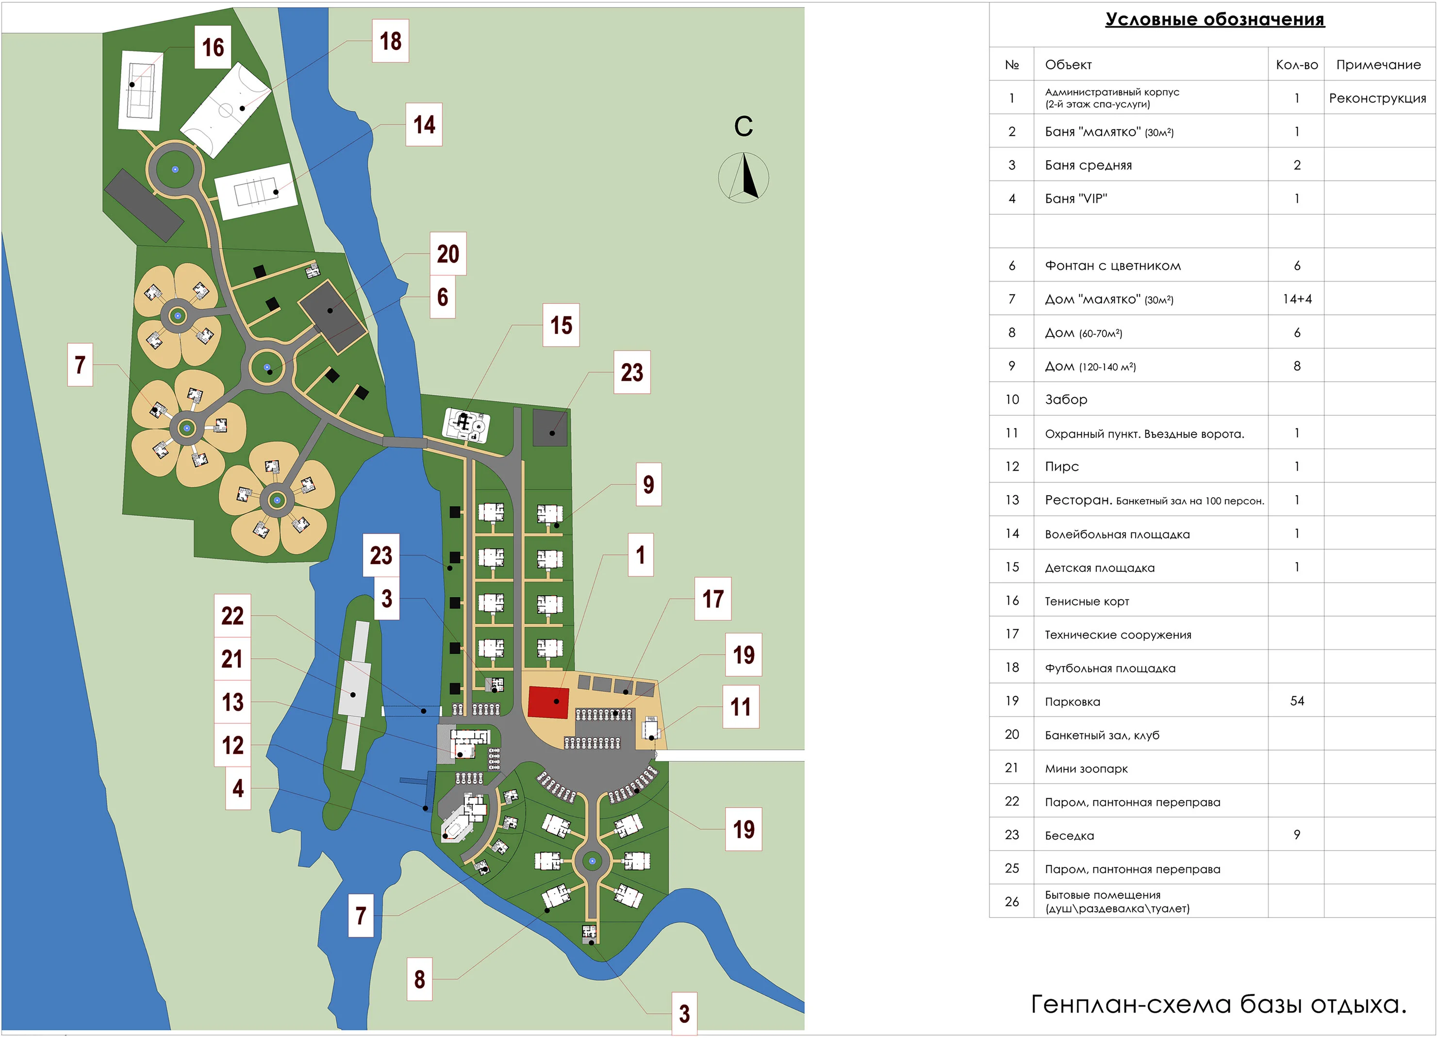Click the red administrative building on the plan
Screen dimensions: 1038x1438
tap(548, 702)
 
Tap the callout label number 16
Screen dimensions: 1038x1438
tap(213, 48)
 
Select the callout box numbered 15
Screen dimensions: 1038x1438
tap(561, 325)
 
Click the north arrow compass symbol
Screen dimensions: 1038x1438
tap(743, 178)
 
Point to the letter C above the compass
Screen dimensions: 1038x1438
tap(743, 127)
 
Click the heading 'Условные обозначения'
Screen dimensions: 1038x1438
tap(1214, 19)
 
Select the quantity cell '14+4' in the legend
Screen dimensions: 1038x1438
tap(1297, 299)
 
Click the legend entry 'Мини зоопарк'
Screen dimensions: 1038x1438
tap(1086, 769)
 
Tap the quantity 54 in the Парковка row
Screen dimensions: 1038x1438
tap(1297, 701)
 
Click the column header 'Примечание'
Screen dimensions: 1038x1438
tap(1378, 65)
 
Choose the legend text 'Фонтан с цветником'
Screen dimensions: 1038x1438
tap(1113, 266)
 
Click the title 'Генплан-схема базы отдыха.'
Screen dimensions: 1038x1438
tap(1218, 1005)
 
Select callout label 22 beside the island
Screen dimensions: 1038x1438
tap(232, 616)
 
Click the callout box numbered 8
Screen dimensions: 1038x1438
tap(419, 979)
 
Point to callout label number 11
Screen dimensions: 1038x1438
tap(741, 707)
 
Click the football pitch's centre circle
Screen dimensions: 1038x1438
tap(226, 110)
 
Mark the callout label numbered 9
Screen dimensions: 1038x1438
tap(648, 485)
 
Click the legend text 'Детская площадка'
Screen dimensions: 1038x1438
tap(1099, 568)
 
